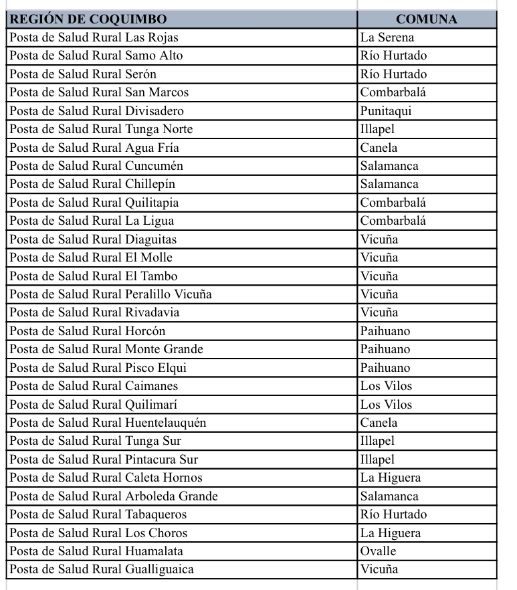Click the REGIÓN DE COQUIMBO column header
88,19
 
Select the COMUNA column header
426,19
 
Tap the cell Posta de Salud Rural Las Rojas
94,37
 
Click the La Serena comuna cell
387,37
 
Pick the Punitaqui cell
386,111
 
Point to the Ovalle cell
379,551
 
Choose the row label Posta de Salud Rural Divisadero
96,111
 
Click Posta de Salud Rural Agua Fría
94,148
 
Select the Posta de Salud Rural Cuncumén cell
96,166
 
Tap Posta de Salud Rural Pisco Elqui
98,368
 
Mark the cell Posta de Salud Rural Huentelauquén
108,423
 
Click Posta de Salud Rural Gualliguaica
102,569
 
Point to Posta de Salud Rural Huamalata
96,551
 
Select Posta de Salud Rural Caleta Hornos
106,478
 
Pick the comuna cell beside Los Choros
391,533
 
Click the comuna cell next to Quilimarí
387,405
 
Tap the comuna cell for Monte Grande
385,349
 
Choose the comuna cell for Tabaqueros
393,514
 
